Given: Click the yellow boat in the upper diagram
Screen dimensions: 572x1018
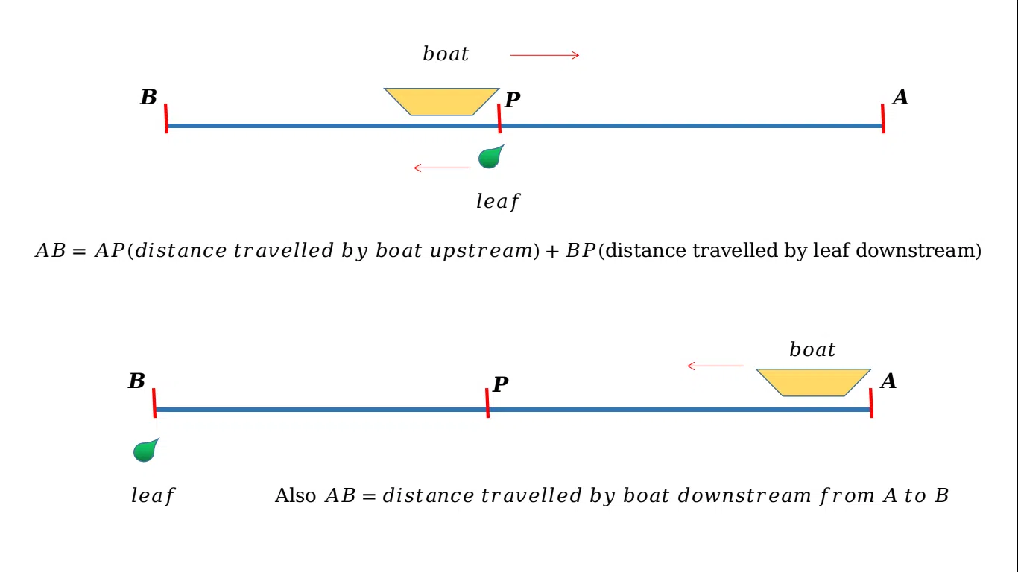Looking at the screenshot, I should (441, 101).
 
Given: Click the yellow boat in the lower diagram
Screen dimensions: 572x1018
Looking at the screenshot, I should (813, 382).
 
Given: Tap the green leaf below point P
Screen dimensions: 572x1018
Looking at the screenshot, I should (490, 157).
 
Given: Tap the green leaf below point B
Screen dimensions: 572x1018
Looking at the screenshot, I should (145, 451).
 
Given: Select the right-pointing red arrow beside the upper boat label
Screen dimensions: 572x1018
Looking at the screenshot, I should (545, 55).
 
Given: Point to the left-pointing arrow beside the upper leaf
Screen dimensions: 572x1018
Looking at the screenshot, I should (442, 168).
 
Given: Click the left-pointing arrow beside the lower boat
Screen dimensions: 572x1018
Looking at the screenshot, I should (715, 366).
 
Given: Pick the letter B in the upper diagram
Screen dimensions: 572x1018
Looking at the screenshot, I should (148, 98).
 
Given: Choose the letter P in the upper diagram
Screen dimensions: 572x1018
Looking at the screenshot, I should (512, 101).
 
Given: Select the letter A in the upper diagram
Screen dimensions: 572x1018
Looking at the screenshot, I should (900, 98).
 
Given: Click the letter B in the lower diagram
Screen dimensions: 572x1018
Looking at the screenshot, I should (136, 381).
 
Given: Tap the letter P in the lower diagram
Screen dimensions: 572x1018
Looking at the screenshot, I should (500, 385).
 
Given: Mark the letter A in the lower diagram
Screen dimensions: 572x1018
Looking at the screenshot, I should (888, 381).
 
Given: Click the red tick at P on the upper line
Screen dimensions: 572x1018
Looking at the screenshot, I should (499, 118).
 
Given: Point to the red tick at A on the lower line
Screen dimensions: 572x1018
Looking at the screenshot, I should (871, 403).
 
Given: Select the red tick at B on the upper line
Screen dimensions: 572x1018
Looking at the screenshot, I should (166, 118).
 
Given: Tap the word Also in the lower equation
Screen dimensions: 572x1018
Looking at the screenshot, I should (295, 496).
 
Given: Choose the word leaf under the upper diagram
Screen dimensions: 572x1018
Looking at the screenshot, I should (497, 201).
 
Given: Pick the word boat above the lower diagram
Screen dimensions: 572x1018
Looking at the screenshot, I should (812, 350).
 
